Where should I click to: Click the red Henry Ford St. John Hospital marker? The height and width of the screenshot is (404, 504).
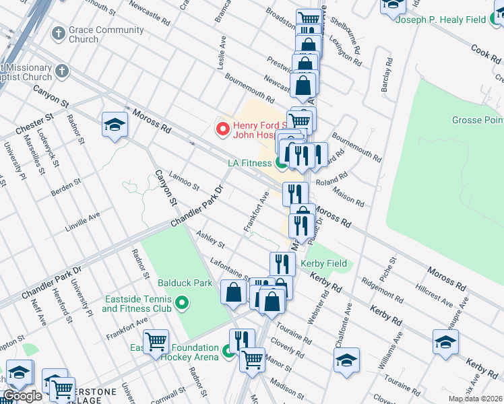(222, 128)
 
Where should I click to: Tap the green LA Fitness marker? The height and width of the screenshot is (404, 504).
(281, 162)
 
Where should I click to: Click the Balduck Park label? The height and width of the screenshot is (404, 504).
(180, 283)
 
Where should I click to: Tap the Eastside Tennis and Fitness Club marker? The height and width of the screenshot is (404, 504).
(180, 304)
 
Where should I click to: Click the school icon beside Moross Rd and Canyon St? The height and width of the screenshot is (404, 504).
(115, 125)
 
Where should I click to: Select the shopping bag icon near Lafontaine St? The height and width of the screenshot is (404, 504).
(234, 292)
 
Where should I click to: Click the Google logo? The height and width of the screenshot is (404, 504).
(23, 396)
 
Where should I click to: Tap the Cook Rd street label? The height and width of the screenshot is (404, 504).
(483, 50)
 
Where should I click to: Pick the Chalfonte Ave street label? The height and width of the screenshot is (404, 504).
(344, 325)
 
